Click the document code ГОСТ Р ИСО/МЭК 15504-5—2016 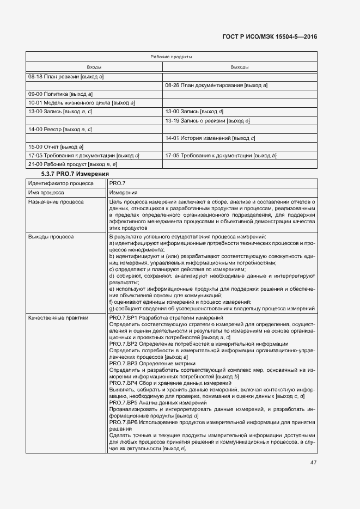click(270, 37)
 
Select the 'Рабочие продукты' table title click(171, 57)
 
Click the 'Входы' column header click(94, 67)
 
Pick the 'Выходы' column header click(240, 67)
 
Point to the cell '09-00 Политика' click(60, 94)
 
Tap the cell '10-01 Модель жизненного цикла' click(81, 103)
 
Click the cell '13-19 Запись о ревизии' click(207, 120)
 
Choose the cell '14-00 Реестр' click(60, 129)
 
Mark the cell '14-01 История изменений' click(210, 138)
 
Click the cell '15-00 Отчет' click(56, 147)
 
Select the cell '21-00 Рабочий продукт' click(72, 164)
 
